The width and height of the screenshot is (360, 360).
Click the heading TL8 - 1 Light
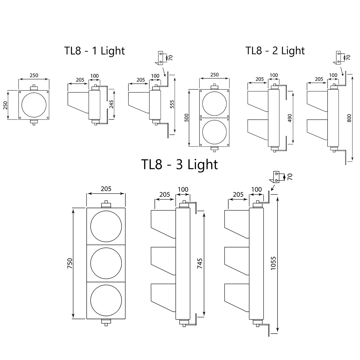[x=94, y=50]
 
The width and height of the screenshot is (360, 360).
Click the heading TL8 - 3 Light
[x=179, y=164]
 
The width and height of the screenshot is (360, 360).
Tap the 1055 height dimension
[x=273, y=263]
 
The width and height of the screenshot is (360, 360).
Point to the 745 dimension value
[x=200, y=263]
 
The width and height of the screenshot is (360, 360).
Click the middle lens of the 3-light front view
[x=106, y=263]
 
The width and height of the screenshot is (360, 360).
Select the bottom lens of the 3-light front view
[x=106, y=300]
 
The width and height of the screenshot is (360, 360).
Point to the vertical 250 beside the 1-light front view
[x=5, y=105]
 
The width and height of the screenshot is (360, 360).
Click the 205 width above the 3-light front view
[x=106, y=189]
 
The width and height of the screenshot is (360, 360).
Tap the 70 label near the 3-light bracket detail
[x=290, y=177]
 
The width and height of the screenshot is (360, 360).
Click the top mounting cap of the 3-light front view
[x=106, y=205]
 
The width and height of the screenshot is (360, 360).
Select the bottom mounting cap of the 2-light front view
[x=214, y=149]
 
